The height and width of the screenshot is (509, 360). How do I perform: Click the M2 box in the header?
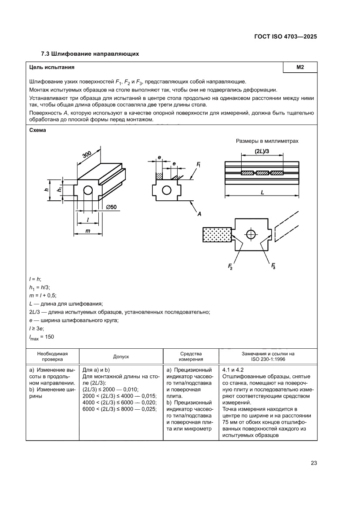[299, 67]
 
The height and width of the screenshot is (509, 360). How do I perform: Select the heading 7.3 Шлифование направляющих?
[90, 54]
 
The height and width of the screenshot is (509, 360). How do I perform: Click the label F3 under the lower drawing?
[273, 266]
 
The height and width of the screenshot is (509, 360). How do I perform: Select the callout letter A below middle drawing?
[199, 214]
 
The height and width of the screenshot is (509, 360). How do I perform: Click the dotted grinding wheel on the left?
[217, 235]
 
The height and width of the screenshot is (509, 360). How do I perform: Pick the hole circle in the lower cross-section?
[250, 234]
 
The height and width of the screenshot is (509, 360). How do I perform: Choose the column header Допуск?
[121, 356]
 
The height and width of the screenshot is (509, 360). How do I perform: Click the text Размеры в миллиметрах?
[267, 141]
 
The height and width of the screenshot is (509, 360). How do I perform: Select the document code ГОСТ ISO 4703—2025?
[285, 37]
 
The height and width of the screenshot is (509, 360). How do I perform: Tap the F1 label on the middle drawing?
[199, 165]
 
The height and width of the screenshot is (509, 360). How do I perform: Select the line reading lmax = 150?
[41, 337]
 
